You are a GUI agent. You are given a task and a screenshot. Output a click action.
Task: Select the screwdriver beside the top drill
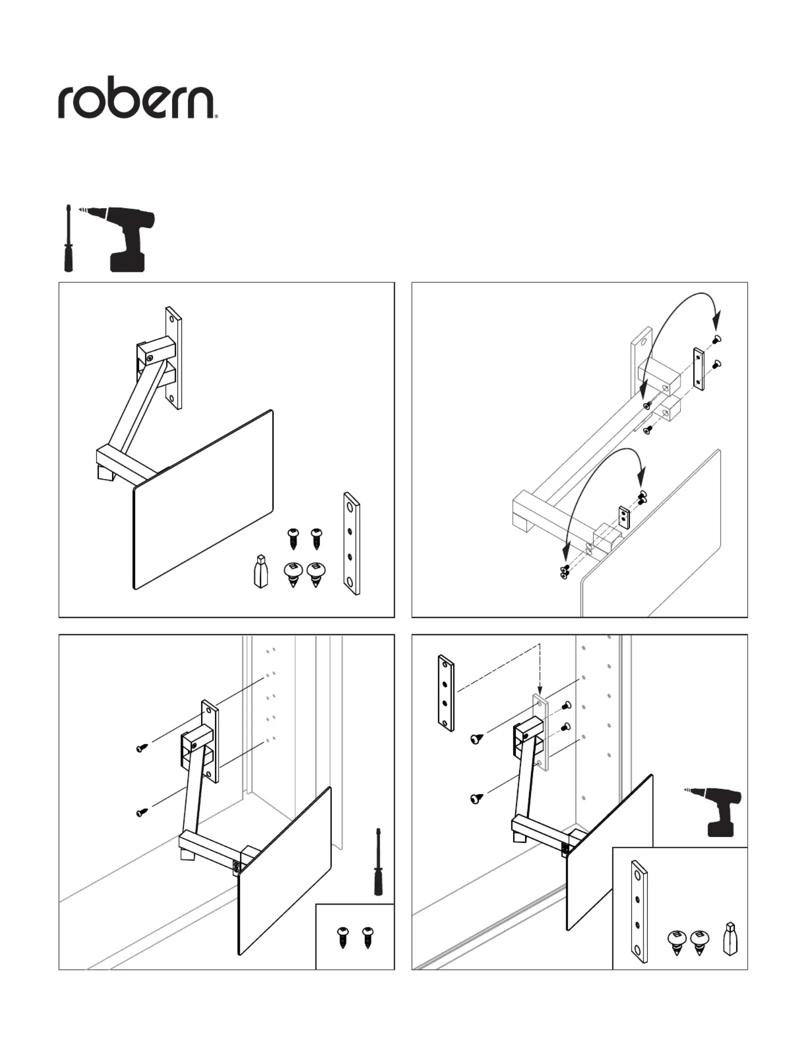pos(69,238)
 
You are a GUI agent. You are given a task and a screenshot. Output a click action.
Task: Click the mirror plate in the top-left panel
pos(203,499)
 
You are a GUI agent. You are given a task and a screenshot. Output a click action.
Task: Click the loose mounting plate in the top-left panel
pos(351,543)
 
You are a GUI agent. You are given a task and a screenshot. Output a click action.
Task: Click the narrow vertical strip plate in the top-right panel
pos(698,369)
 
